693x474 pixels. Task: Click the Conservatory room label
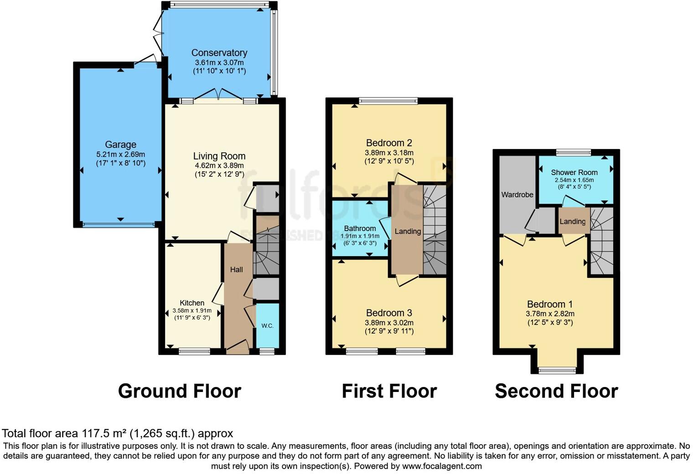pyautogui.click(x=219, y=53)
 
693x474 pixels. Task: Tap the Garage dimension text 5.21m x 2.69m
pyautogui.click(x=120, y=155)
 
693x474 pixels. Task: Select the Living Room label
pyautogui.click(x=219, y=156)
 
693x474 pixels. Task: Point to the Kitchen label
pyautogui.click(x=192, y=303)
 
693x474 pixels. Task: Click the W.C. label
pyautogui.click(x=267, y=325)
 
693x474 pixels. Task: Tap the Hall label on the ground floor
pyautogui.click(x=236, y=269)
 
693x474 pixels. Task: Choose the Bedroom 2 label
pyautogui.click(x=389, y=143)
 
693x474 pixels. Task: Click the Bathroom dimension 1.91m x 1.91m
pyautogui.click(x=360, y=236)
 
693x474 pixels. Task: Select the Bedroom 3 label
pyautogui.click(x=389, y=313)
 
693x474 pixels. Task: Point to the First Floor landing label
pyautogui.click(x=408, y=231)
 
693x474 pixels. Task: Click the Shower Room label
pyautogui.click(x=574, y=172)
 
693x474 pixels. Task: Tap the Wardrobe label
pyautogui.click(x=517, y=195)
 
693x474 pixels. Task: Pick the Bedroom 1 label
pyautogui.click(x=550, y=304)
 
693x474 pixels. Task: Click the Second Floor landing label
pyautogui.click(x=572, y=222)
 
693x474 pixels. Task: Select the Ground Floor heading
pyautogui.click(x=179, y=391)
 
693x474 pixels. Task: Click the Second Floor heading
pyautogui.click(x=556, y=391)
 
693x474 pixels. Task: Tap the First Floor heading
pyautogui.click(x=389, y=391)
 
